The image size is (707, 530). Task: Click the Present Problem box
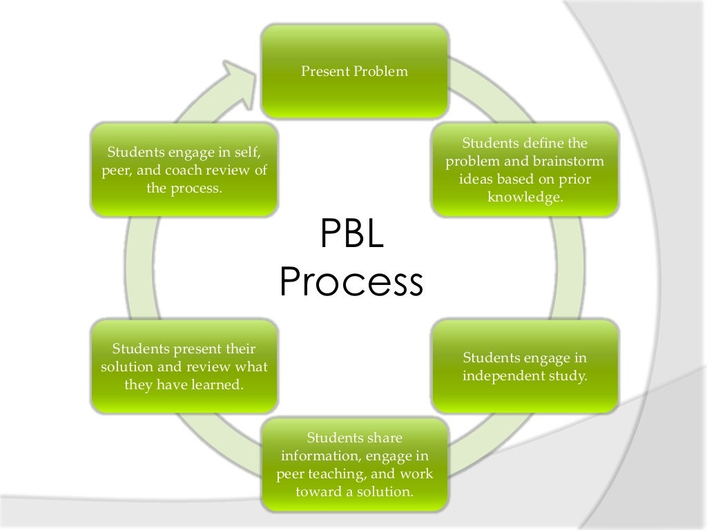[x=354, y=71]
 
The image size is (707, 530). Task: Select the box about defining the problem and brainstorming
[x=525, y=170]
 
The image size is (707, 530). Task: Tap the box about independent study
[x=525, y=367]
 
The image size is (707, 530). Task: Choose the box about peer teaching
[x=354, y=465]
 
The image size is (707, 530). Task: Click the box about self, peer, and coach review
[x=184, y=170]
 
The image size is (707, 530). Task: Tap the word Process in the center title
[x=351, y=282]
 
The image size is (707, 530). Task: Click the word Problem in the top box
[x=380, y=72]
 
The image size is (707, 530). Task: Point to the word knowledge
[x=525, y=198]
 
